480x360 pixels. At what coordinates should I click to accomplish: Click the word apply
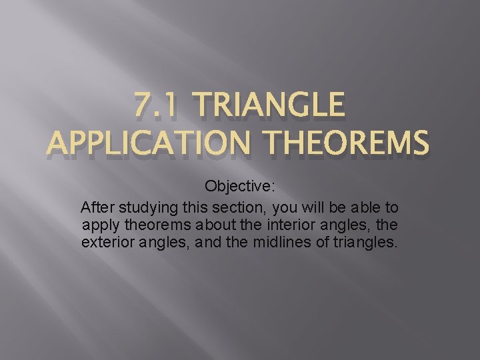click(99, 225)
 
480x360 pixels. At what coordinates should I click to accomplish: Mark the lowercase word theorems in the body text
click(149, 225)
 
